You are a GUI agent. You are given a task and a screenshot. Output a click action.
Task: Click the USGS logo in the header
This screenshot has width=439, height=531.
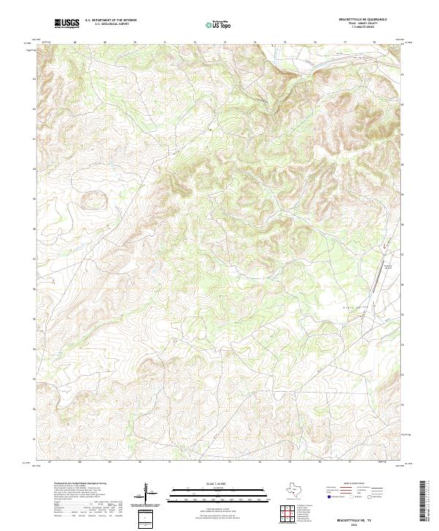click(x=67, y=23)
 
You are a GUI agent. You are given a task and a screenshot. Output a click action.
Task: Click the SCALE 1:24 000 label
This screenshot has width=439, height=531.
click(x=209, y=484)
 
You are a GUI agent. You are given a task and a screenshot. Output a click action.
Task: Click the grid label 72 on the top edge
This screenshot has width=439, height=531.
click(x=195, y=42)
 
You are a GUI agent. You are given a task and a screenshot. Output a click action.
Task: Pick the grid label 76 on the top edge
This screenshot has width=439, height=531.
click(x=315, y=42)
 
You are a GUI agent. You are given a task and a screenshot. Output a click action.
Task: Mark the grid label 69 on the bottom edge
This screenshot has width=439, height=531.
click(x=110, y=463)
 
